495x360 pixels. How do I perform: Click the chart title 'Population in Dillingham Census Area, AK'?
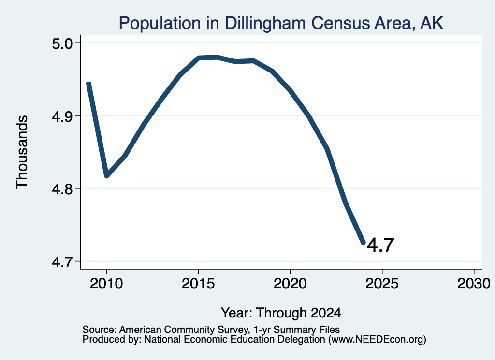(281, 23)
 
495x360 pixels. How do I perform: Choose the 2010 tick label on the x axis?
(106, 284)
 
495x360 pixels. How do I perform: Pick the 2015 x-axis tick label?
(198, 284)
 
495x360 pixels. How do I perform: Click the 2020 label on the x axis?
(290, 284)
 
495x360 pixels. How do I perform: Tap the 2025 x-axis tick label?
(382, 284)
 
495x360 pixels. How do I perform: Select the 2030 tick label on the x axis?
(474, 284)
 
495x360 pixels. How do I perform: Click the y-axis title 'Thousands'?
(22, 152)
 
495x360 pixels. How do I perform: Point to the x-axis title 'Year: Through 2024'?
(281, 313)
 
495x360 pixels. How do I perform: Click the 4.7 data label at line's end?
(381, 245)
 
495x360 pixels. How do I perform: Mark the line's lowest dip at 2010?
(107, 176)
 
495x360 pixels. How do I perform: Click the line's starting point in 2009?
(89, 82)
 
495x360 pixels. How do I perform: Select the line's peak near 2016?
(217, 57)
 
